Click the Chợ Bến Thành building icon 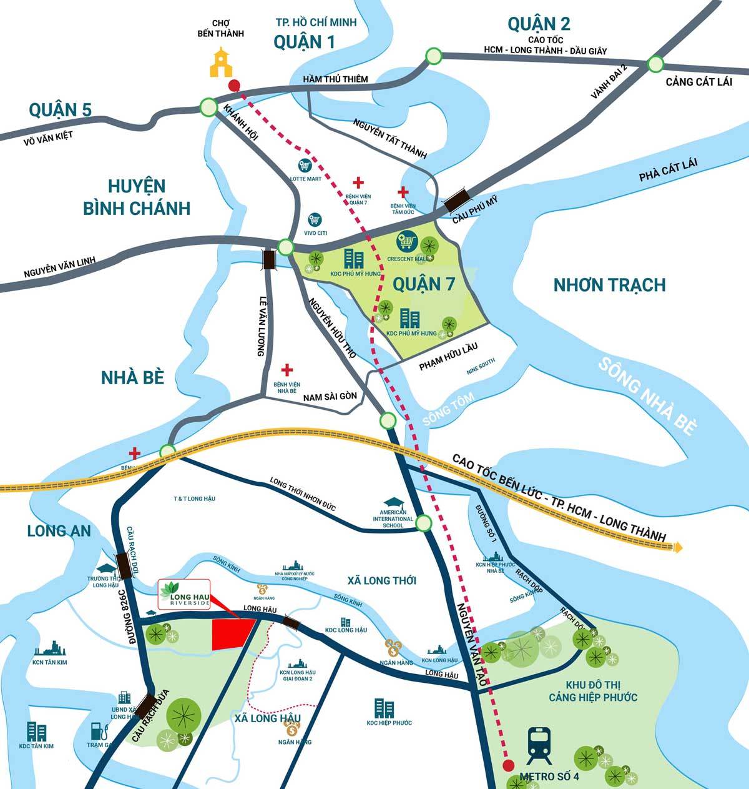(221, 62)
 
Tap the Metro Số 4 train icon (539, 745)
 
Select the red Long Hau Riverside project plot (232, 635)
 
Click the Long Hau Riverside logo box (184, 595)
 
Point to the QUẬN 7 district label (424, 284)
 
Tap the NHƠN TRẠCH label (609, 285)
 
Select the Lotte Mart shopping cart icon (305, 166)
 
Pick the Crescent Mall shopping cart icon (406, 241)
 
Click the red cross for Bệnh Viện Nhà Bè (287, 370)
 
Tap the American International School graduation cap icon (393, 503)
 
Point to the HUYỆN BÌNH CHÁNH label (137, 197)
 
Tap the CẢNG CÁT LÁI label (698, 82)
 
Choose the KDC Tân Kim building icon (36, 732)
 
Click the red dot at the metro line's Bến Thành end (234, 85)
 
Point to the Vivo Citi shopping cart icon (315, 221)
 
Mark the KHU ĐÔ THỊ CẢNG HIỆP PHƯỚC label (593, 690)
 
